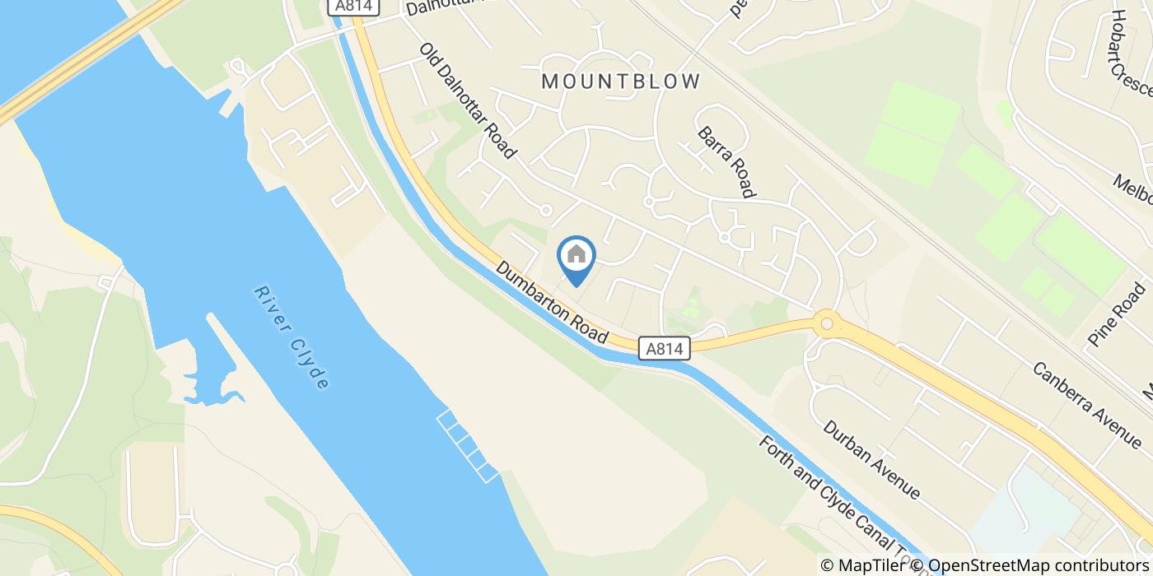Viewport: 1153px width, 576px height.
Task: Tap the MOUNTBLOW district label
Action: pos(622,81)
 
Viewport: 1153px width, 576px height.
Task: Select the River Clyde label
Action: pos(292,337)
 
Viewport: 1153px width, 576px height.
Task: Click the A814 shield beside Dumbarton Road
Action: pos(664,349)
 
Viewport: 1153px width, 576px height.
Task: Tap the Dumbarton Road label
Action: pos(552,303)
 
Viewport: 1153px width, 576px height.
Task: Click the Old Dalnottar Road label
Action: pos(467,100)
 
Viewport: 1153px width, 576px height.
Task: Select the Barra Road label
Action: pos(726,162)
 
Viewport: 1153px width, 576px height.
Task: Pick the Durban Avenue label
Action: pos(871,460)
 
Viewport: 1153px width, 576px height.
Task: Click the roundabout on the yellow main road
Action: pos(826,323)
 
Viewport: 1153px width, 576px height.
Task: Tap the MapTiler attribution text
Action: pos(866,565)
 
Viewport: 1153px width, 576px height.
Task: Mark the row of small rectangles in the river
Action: pos(468,445)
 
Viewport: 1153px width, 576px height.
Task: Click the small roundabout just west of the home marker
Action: pos(544,211)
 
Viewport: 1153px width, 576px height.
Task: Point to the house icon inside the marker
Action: pos(576,254)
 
